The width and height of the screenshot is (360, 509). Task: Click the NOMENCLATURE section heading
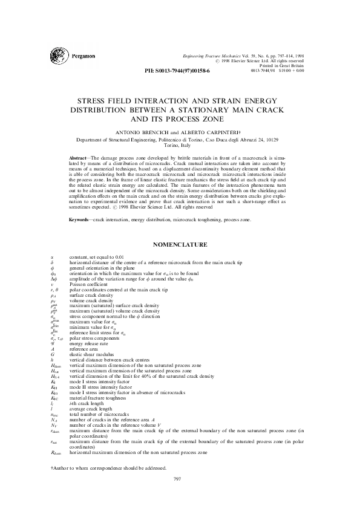(x=180, y=245)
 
